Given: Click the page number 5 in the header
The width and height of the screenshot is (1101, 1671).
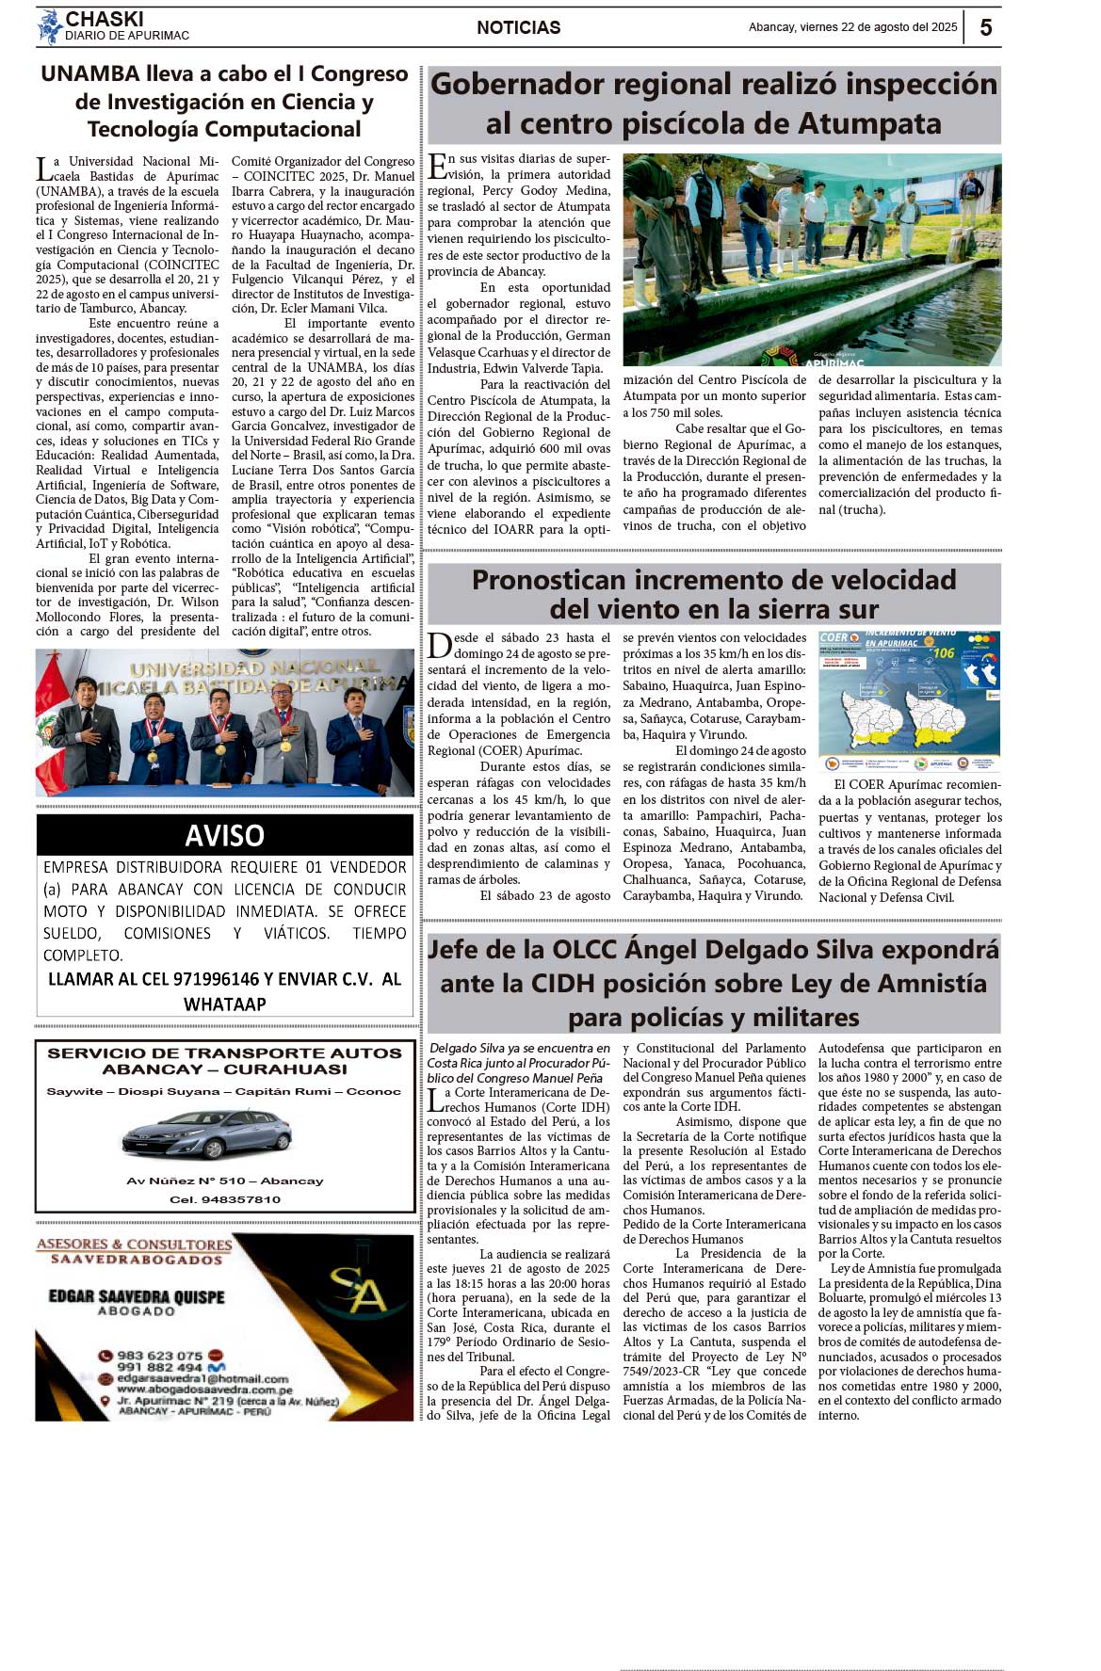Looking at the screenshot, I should pyautogui.click(x=985, y=27).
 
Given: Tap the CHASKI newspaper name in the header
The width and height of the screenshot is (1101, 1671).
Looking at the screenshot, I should pyautogui.click(x=105, y=19).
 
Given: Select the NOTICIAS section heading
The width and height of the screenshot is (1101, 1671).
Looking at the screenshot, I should pyautogui.click(x=518, y=27).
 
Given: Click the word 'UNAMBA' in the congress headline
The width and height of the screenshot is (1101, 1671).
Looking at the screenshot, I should pyautogui.click(x=89, y=73).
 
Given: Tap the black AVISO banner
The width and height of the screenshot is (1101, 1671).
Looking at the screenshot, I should pyautogui.click(x=224, y=835).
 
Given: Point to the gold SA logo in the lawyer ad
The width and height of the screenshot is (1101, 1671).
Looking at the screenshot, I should pyautogui.click(x=357, y=1291).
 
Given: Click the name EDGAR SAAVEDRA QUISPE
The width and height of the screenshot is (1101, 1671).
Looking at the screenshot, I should pyautogui.click(x=137, y=1296).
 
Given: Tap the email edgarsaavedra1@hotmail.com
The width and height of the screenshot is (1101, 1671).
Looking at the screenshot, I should pyautogui.click(x=202, y=1378).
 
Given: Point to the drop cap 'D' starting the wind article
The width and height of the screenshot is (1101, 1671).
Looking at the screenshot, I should pyautogui.click(x=439, y=646).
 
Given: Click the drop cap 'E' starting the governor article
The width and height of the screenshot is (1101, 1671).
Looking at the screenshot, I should pyautogui.click(x=437, y=167).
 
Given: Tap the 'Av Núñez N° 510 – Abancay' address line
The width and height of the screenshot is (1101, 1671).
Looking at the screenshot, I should pyautogui.click(x=224, y=1181).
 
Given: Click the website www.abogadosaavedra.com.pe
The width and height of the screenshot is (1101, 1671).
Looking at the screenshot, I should pyautogui.click(x=204, y=1390).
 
